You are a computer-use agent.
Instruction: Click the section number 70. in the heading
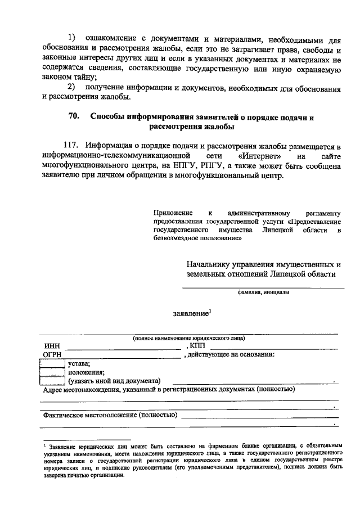coord(74,117)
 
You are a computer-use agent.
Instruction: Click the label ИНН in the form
coord(52,346)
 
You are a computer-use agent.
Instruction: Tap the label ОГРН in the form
coord(55,354)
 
